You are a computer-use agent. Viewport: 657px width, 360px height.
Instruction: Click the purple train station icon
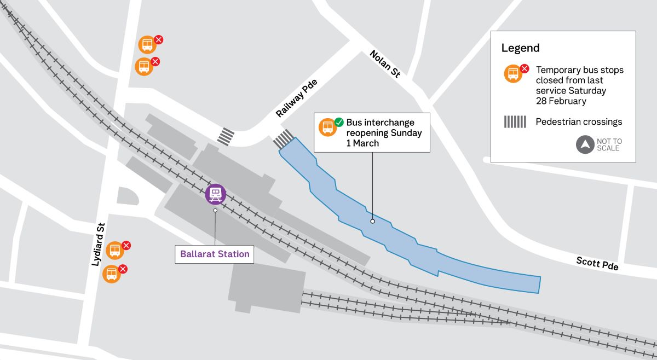tap(216, 194)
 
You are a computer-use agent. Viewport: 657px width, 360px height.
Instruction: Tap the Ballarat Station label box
tap(215, 254)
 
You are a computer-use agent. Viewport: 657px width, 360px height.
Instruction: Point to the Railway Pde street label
tap(296, 98)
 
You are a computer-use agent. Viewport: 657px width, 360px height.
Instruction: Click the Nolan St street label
tap(385, 65)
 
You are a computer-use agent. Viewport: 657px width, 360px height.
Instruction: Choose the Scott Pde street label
tap(597, 263)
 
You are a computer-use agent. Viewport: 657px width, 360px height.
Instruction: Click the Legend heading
tap(520, 48)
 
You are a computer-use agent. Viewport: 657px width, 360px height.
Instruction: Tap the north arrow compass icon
tap(585, 145)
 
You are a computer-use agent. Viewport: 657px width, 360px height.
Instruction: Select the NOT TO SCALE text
tap(609, 145)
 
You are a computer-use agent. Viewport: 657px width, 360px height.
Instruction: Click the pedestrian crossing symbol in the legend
tap(515, 122)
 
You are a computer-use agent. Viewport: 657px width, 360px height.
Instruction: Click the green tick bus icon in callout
tap(328, 126)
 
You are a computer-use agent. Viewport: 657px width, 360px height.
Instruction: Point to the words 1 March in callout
tap(362, 143)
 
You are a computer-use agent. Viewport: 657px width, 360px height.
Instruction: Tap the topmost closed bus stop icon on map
tap(147, 44)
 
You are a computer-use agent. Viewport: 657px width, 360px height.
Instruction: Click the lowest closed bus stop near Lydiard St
tap(112, 273)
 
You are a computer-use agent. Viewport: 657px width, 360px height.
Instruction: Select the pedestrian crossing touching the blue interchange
tap(283, 139)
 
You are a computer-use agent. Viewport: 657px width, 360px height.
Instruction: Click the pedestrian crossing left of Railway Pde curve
tap(226, 136)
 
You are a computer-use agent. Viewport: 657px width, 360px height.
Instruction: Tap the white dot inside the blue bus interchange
tap(372, 222)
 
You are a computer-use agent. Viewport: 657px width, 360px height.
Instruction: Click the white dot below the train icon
tap(216, 210)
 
